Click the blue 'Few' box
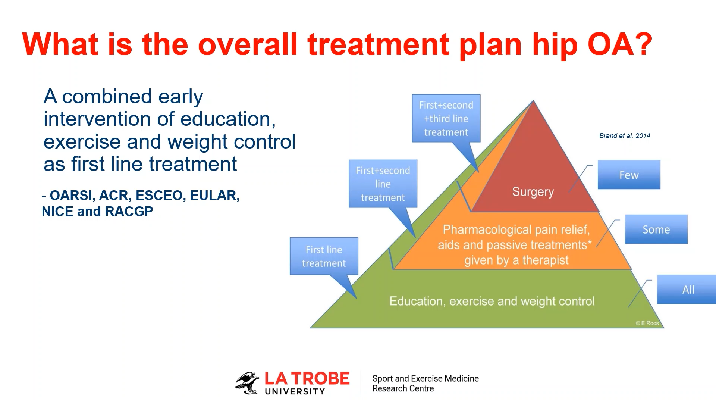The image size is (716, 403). tap(629, 175)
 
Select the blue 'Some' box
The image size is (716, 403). tap(656, 229)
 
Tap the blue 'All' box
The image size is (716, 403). tap(687, 289)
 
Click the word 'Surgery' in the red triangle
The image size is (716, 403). tap(533, 192)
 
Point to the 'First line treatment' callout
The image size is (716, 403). tap(324, 256)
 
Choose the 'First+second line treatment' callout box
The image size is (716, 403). tap(383, 184)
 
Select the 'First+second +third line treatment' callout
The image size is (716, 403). tap(446, 118)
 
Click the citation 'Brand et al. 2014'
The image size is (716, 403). tap(625, 136)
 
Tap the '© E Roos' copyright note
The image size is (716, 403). tap(647, 323)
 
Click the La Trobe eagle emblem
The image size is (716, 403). tap(247, 383)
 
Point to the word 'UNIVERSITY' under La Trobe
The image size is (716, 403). tap(295, 391)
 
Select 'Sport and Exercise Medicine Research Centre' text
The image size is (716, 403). tap(425, 383)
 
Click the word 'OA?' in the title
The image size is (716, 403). tap(620, 44)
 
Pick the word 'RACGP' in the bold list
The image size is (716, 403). tap(129, 212)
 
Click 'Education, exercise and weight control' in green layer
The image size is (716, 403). tap(492, 301)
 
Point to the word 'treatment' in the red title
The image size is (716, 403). tap(379, 44)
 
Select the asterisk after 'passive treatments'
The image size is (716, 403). tap(590, 243)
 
